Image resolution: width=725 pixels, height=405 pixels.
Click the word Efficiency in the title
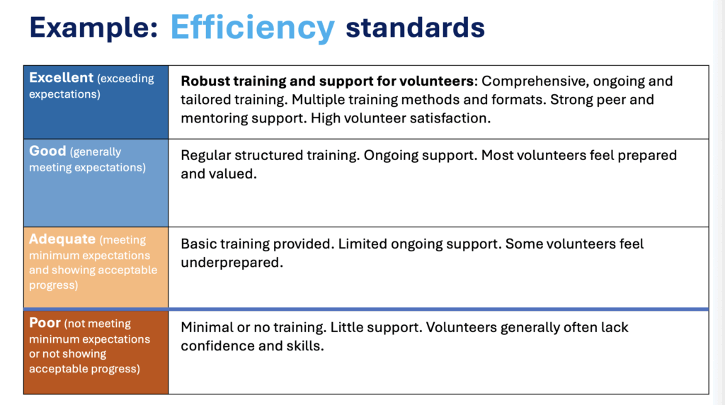pos(253,28)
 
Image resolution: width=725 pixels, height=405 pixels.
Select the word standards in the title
pos(415,27)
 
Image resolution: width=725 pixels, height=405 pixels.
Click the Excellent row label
pos(61,78)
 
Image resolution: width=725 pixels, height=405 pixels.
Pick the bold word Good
pos(47,151)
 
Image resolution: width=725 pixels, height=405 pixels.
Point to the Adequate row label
pos(62,239)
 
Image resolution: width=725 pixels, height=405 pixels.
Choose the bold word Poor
pos(45,322)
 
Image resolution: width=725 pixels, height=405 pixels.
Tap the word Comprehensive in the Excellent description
pos(535,82)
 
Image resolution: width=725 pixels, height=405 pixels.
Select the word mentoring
pos(214,119)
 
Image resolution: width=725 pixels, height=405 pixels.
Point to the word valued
pos(234,174)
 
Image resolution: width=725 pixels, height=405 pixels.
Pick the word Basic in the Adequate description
pos(198,244)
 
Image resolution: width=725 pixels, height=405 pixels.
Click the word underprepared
pos(232,263)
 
